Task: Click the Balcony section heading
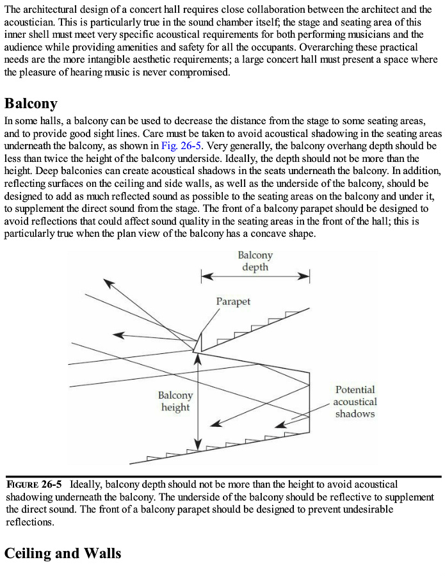pos(31,104)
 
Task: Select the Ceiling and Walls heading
pos(63,553)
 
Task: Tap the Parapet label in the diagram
pos(233,301)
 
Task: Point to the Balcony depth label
pos(255,261)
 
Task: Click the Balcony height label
pos(175,401)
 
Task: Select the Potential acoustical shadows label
pos(355,401)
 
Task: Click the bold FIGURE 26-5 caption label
pos(34,484)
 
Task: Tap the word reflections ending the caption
pos(29,522)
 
